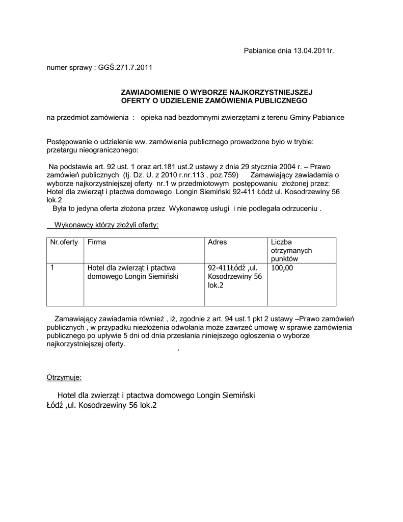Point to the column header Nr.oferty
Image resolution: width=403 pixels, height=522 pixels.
coord(64,242)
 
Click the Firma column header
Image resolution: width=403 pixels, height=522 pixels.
coord(97,242)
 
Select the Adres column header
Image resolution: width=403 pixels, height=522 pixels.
coord(218,242)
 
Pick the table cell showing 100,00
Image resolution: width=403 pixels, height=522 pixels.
coord(282,268)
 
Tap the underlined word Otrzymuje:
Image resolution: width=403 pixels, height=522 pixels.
coord(64,378)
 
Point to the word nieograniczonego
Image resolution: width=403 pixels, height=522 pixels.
coord(109,151)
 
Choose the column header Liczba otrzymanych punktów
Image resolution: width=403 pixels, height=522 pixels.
coord(291,250)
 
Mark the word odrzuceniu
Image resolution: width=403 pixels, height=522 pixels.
coord(295,209)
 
